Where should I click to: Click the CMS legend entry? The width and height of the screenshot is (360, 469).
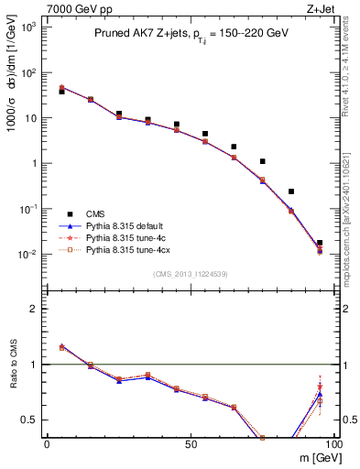[95, 210]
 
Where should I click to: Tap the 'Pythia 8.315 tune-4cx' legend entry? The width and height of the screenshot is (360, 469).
[130, 248]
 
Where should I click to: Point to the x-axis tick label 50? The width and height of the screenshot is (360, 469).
[190, 442]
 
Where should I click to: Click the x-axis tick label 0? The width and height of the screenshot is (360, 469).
[47, 442]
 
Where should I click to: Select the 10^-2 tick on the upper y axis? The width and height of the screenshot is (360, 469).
[30, 255]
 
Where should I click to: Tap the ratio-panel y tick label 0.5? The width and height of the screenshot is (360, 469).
[30, 420]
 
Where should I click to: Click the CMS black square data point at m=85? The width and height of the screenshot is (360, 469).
[290, 191]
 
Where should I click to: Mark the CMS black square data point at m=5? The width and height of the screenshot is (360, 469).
[61, 92]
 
